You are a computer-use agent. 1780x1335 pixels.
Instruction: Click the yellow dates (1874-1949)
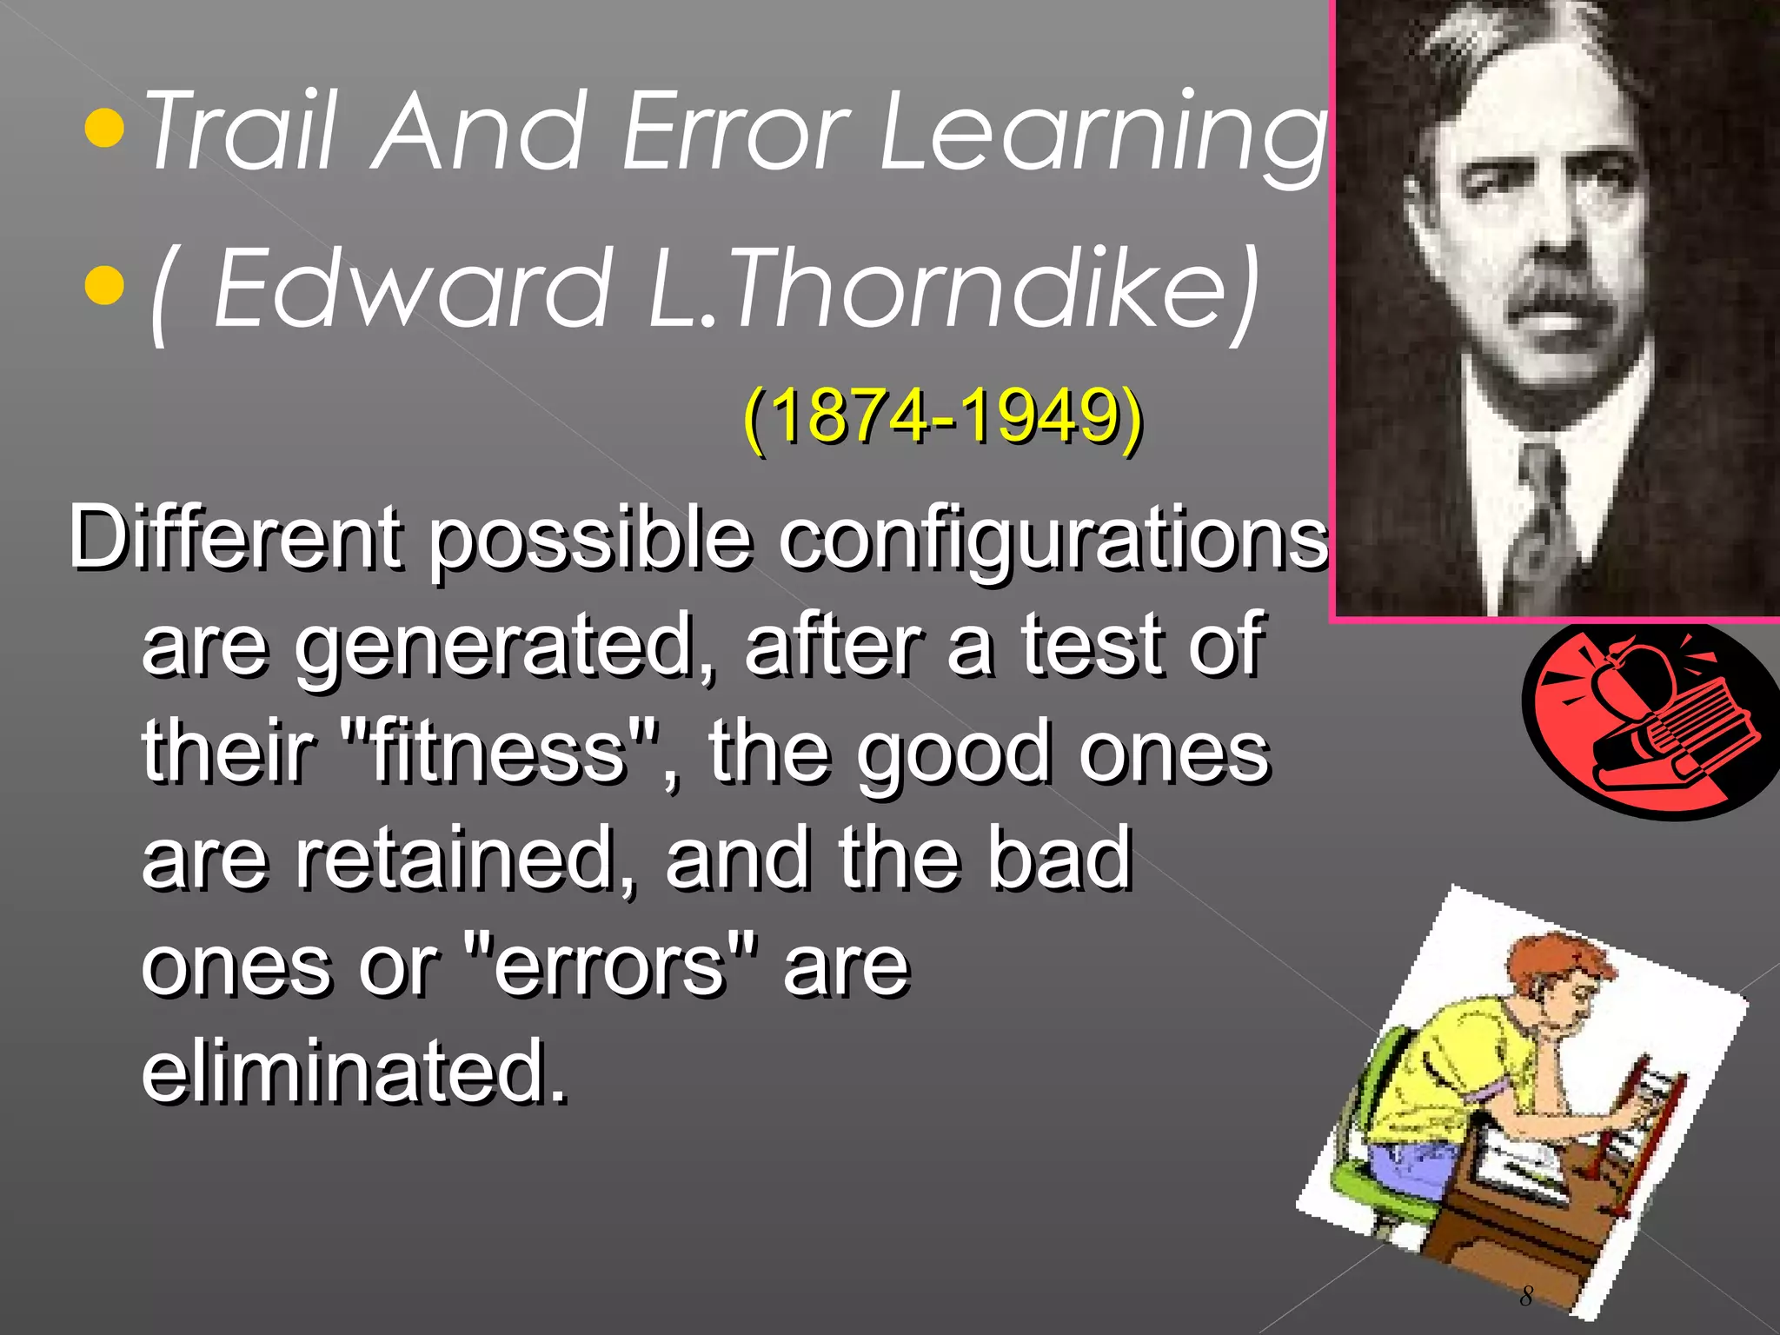943,417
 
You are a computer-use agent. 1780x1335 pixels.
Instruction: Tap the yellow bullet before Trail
105,130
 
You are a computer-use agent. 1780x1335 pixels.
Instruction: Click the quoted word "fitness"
500,752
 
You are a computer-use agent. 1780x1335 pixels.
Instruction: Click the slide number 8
1526,1296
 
